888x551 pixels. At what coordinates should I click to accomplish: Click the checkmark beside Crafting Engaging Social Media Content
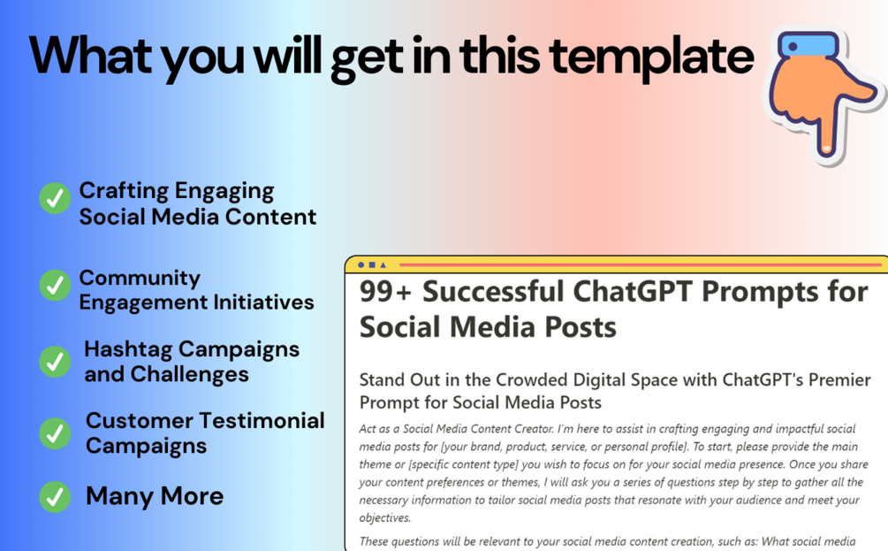(x=55, y=198)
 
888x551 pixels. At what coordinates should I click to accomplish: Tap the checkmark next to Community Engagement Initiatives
(x=55, y=285)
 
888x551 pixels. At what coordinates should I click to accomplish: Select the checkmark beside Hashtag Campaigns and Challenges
(x=55, y=362)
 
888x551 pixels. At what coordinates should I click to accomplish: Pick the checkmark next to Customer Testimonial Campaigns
(x=55, y=433)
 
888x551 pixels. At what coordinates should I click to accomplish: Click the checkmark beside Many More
(x=55, y=496)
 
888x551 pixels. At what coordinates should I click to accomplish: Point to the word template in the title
(x=651, y=57)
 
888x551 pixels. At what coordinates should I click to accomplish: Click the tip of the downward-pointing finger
(x=825, y=149)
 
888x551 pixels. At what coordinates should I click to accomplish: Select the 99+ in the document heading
(x=385, y=292)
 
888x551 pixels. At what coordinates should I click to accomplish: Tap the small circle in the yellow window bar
(x=361, y=264)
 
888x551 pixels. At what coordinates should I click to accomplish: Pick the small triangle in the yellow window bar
(x=383, y=264)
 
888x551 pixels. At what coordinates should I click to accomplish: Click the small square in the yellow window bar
(x=372, y=264)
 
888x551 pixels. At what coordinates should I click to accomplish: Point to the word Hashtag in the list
(x=128, y=350)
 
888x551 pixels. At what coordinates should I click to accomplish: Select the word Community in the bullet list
(x=140, y=278)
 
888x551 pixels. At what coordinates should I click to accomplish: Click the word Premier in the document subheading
(x=839, y=379)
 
